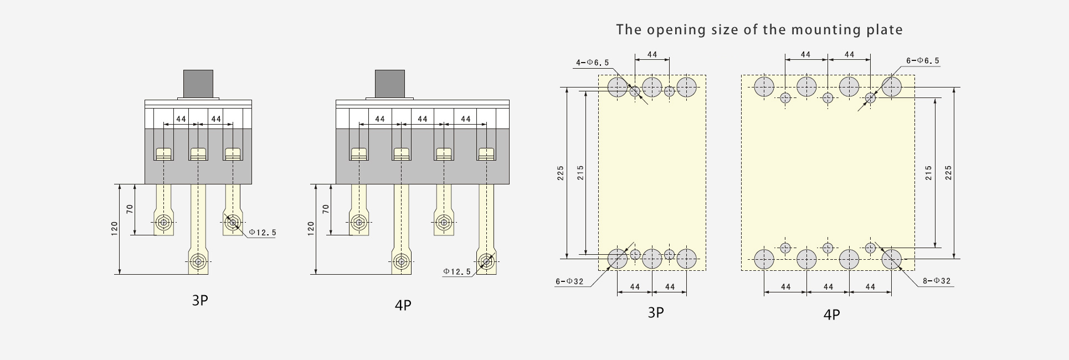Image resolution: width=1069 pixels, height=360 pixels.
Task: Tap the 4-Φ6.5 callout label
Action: pyautogui.click(x=592, y=63)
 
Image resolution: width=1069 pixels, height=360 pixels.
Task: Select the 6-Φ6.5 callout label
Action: pyautogui.click(x=923, y=60)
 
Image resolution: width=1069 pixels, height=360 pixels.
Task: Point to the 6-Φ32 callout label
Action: pyautogui.click(x=570, y=281)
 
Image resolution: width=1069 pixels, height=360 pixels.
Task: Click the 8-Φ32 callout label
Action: pyautogui.click(x=937, y=281)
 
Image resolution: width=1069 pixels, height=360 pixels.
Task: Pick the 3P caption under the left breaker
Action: pyautogui.click(x=200, y=301)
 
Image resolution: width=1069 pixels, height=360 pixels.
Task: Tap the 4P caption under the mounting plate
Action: pyautogui.click(x=831, y=315)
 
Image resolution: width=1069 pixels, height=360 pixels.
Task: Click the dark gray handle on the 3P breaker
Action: pyautogui.click(x=198, y=84)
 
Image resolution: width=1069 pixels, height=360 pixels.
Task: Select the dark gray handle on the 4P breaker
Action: pyautogui.click(x=390, y=84)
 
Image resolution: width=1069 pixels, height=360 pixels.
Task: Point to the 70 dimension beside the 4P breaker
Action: pyautogui.click(x=326, y=209)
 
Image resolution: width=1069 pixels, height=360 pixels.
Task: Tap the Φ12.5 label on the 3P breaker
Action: pyautogui.click(x=262, y=233)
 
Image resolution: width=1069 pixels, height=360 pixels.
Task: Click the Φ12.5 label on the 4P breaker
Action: pyautogui.click(x=457, y=271)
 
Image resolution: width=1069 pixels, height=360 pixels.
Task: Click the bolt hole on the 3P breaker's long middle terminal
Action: pyautogui.click(x=198, y=261)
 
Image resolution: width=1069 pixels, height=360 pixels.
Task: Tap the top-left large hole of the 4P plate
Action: pyautogui.click(x=764, y=87)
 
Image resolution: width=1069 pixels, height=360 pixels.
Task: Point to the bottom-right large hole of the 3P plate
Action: pyautogui.click(x=686, y=258)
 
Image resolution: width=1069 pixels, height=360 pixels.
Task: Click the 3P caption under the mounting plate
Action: pyautogui.click(x=656, y=312)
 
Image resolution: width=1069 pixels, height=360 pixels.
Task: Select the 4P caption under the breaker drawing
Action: pyautogui.click(x=403, y=305)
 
